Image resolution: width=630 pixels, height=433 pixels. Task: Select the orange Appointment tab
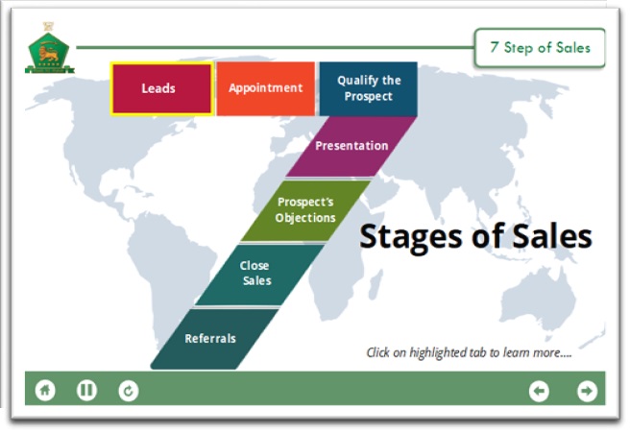[x=265, y=88]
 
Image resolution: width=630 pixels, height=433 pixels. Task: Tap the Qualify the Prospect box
[x=368, y=88]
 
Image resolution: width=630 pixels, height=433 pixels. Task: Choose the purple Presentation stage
[x=351, y=146]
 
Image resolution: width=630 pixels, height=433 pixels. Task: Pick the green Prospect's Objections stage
[x=305, y=209]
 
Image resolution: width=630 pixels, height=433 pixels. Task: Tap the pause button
[x=87, y=390]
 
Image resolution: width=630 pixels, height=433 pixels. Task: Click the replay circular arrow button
[x=129, y=390]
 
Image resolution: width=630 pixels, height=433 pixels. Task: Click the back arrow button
[x=539, y=390]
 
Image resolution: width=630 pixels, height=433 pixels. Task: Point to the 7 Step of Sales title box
[x=540, y=47]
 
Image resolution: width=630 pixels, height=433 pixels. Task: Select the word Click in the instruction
[x=380, y=352]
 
